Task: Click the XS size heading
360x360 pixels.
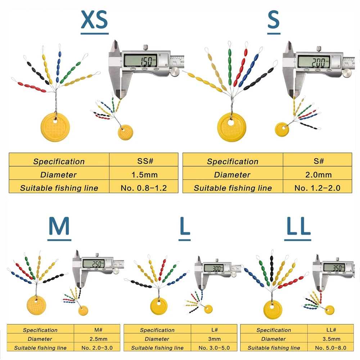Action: click(x=94, y=20)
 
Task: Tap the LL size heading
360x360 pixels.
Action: click(x=299, y=226)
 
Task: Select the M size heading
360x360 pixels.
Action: click(x=59, y=226)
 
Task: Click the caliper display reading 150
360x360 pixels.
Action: click(x=140, y=60)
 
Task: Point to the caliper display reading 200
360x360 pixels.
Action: click(x=314, y=62)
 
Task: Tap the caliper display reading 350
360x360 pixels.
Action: click(x=334, y=267)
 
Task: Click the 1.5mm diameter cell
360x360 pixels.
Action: click(x=144, y=175)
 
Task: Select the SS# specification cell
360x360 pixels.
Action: click(x=144, y=161)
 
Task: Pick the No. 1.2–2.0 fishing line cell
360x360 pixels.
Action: click(x=317, y=188)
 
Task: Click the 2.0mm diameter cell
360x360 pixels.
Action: click(x=317, y=175)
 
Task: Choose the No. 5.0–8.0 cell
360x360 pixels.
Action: click(x=330, y=348)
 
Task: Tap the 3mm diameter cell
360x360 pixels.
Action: click(x=214, y=339)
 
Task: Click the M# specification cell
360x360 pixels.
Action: click(x=97, y=330)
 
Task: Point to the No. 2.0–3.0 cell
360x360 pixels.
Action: click(x=97, y=348)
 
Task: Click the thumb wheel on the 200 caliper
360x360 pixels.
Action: click(x=347, y=73)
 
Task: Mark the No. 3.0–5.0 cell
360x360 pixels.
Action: click(x=214, y=348)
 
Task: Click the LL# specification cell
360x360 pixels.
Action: click(x=330, y=330)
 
